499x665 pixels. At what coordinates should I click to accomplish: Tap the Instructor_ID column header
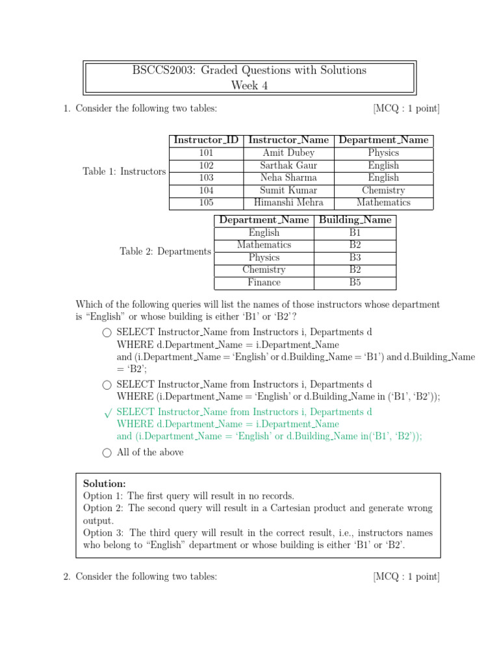point(206,140)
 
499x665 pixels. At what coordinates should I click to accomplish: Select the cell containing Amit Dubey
point(288,153)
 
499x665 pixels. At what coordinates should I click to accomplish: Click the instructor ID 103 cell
point(206,177)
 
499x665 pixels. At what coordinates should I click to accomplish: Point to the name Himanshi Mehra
point(288,202)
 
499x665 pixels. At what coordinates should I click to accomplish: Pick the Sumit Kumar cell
point(288,190)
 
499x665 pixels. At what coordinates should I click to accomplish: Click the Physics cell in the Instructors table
point(383,153)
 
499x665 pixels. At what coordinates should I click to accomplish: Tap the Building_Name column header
point(355,220)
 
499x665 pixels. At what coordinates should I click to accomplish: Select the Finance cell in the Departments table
point(264,282)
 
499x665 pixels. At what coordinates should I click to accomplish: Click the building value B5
point(355,282)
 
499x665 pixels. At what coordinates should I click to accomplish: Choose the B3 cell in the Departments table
point(355,258)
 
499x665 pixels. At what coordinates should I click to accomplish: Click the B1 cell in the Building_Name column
point(355,232)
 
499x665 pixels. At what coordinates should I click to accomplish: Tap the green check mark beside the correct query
point(107,413)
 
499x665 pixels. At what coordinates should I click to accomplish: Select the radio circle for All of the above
point(107,453)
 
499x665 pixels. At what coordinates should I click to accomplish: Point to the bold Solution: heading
point(105,484)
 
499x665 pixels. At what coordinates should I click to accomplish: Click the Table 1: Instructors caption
point(124,171)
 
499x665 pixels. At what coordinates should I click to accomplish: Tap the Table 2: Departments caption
point(165,251)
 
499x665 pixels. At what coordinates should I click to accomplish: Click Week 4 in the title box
point(249,85)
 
